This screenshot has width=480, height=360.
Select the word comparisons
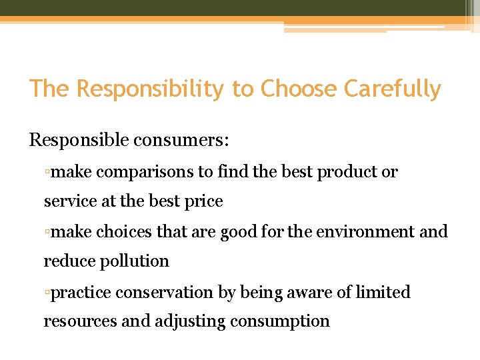tap(145, 172)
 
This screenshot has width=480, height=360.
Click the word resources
tap(80, 321)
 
